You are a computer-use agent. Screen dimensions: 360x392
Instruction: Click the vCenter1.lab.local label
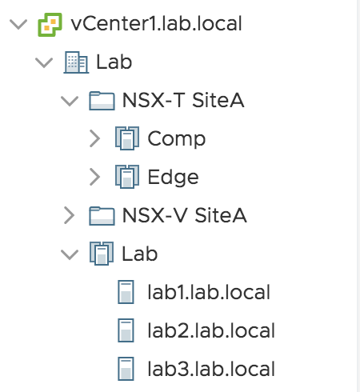pyautogui.click(x=156, y=24)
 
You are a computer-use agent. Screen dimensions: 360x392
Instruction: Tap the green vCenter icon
pyautogui.click(x=50, y=25)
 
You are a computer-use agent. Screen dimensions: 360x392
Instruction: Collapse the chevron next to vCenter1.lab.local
pyautogui.click(x=18, y=24)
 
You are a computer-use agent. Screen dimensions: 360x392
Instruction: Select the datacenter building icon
pyautogui.click(x=76, y=62)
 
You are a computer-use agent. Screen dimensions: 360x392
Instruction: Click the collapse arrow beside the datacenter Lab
pyautogui.click(x=44, y=62)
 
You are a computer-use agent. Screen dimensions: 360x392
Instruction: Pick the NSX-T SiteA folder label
pyautogui.click(x=183, y=100)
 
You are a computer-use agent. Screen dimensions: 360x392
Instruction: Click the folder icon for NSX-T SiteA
pyautogui.click(x=102, y=101)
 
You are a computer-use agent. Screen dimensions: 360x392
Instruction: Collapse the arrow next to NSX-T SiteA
pyautogui.click(x=70, y=101)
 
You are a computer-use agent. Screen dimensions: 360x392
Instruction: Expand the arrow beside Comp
pyautogui.click(x=94, y=138)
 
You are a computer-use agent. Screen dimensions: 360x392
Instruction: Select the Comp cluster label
pyautogui.click(x=177, y=139)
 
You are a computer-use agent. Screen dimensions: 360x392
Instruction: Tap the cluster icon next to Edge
pyautogui.click(x=127, y=177)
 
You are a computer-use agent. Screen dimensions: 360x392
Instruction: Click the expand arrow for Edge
pyautogui.click(x=94, y=177)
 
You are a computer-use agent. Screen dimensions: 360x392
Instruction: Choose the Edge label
pyautogui.click(x=173, y=178)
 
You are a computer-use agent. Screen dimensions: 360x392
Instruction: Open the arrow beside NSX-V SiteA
pyautogui.click(x=69, y=215)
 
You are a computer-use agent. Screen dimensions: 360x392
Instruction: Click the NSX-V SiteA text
pyautogui.click(x=185, y=215)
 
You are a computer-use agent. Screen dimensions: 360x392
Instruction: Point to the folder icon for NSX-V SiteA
pyautogui.click(x=102, y=216)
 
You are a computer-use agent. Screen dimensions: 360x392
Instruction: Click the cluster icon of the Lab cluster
pyautogui.click(x=102, y=254)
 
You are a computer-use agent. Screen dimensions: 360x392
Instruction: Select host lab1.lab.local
pyautogui.click(x=209, y=292)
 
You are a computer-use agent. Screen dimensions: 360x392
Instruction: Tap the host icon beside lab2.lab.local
pyautogui.click(x=126, y=330)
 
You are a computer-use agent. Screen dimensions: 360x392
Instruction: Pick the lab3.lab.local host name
pyautogui.click(x=211, y=369)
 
